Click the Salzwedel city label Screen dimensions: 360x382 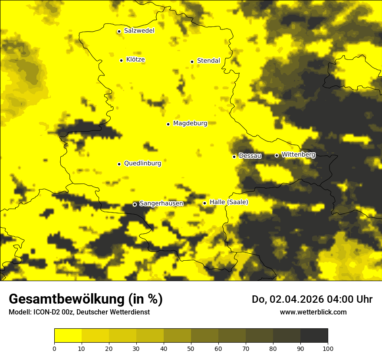pos(139,31)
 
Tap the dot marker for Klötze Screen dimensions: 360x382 pos(121,60)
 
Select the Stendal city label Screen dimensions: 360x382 pos(208,61)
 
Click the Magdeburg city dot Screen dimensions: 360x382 pos(168,124)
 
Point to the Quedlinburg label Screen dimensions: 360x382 pos(142,164)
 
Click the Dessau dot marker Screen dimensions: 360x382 pos(234,156)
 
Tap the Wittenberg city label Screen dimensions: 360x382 pos(298,154)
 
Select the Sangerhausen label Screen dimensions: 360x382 pos(161,203)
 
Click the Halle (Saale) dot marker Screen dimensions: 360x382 pos(204,203)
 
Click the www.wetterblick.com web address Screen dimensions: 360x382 pos(313,312)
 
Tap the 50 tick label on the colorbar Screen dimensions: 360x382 pos(191,348)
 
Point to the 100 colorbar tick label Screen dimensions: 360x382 pos(327,348)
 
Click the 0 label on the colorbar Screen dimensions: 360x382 pos(54,348)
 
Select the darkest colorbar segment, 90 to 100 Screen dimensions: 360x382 pos(314,336)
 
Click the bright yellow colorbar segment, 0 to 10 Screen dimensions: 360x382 pos(68,336)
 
